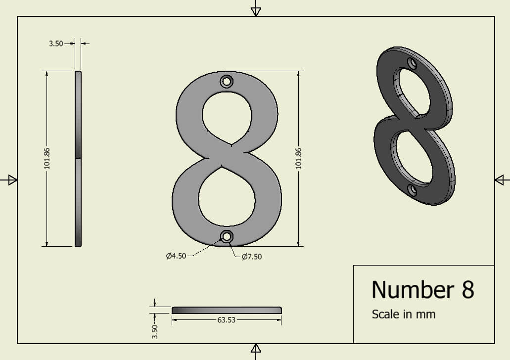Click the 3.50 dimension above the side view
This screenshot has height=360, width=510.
[56, 44]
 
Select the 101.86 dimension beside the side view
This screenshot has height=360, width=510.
[47, 158]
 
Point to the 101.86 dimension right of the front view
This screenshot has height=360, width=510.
[298, 158]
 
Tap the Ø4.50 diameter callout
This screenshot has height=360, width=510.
[177, 256]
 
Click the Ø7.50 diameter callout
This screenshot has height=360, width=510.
[252, 257]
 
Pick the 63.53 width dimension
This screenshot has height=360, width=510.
[226, 320]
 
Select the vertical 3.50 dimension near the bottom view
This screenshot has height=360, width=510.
[155, 331]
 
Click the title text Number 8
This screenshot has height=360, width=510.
[422, 289]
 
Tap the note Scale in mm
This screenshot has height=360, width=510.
[403, 314]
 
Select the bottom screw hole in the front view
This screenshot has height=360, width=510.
[227, 237]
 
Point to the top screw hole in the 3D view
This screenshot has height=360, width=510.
[412, 63]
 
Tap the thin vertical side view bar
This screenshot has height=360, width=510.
[78, 158]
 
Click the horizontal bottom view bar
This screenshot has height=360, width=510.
[227, 310]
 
